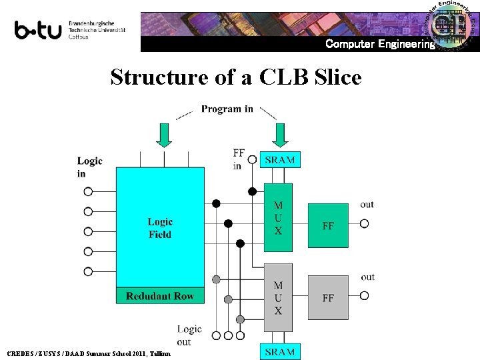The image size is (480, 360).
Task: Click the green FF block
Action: click(x=328, y=225)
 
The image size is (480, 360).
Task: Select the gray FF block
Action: click(x=328, y=298)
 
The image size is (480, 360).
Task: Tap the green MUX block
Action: click(x=278, y=218)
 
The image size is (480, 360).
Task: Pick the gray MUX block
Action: click(x=278, y=297)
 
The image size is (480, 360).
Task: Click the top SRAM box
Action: click(x=280, y=159)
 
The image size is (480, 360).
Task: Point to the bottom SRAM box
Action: click(x=280, y=351)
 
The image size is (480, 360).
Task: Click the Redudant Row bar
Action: click(x=160, y=295)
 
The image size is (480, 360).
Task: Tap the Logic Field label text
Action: click(x=160, y=228)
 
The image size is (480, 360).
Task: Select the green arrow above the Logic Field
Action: click(x=164, y=134)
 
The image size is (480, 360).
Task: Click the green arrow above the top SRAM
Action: click(x=280, y=134)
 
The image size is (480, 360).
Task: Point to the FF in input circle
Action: click(x=252, y=159)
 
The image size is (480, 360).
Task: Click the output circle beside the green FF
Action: click(x=364, y=224)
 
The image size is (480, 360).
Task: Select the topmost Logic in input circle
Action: click(x=88, y=191)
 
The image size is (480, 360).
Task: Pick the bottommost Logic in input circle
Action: click(x=88, y=271)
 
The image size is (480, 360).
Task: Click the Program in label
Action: click(x=227, y=109)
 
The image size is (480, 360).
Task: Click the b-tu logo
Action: click(x=38, y=30)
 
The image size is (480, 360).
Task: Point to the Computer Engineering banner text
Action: click(x=379, y=44)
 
